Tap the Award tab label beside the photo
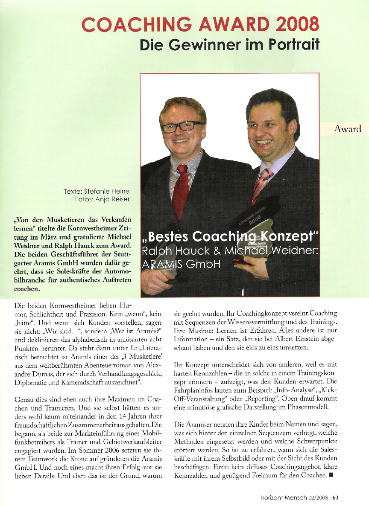(348, 129)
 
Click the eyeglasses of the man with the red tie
(182, 126)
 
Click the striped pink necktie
(260, 184)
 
